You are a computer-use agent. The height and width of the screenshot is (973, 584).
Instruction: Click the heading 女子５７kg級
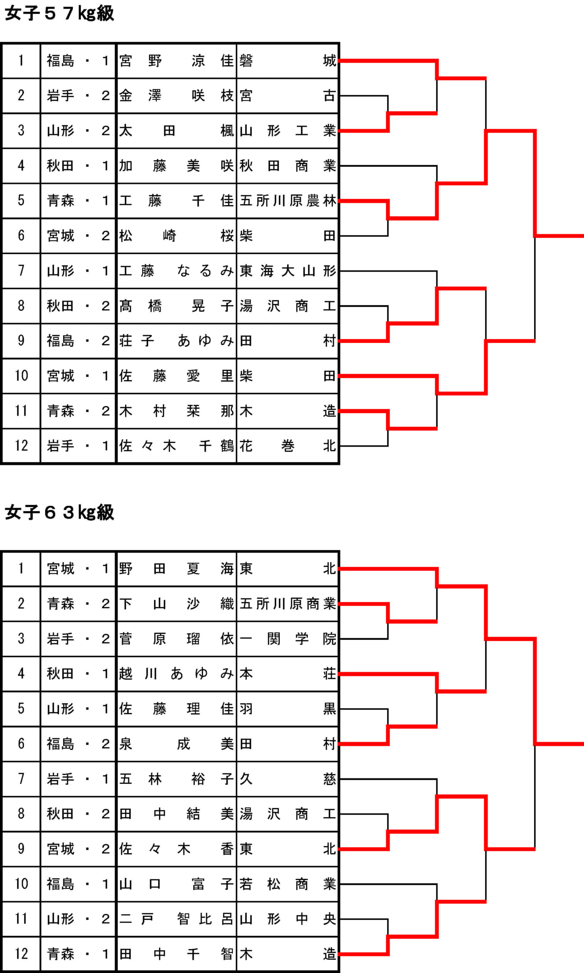(x=59, y=13)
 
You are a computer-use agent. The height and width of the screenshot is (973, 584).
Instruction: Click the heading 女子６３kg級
(x=59, y=513)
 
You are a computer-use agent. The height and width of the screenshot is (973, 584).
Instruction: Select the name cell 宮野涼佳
(x=176, y=61)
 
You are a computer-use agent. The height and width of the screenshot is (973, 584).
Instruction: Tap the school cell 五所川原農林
(x=287, y=200)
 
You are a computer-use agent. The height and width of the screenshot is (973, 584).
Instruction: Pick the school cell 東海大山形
(x=287, y=271)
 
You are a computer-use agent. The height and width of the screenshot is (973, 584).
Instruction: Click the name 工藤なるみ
(x=176, y=271)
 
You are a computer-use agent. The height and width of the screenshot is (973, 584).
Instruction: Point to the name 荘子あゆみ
(x=176, y=341)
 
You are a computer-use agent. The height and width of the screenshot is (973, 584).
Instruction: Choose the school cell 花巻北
(x=287, y=446)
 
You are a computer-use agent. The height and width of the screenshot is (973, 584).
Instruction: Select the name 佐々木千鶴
(x=176, y=446)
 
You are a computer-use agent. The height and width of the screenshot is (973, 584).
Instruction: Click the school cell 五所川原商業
(x=287, y=603)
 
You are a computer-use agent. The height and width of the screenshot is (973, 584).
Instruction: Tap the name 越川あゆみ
(x=176, y=674)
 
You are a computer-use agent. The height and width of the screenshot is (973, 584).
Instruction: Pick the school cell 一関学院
(x=287, y=639)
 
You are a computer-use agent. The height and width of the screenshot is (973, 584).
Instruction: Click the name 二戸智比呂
(x=176, y=919)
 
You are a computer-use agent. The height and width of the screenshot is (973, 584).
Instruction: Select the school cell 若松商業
(x=287, y=884)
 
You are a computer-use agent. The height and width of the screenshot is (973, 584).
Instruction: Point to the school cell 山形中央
(x=287, y=919)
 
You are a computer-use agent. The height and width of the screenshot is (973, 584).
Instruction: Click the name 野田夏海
(x=176, y=568)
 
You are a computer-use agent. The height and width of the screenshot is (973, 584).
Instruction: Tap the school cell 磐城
(x=287, y=61)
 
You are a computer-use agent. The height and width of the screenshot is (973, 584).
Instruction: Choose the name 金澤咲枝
(x=176, y=95)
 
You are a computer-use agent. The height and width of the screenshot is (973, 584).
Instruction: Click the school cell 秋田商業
(x=287, y=165)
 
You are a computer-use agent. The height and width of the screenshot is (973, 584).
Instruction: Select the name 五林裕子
(x=176, y=779)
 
